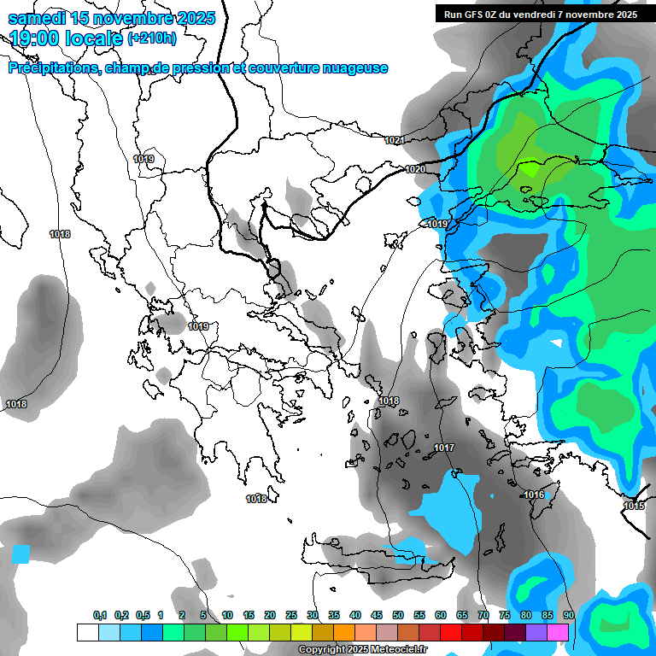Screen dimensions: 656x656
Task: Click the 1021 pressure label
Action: click(x=394, y=140)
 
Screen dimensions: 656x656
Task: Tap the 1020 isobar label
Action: click(x=415, y=170)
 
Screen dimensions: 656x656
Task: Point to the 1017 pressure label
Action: click(x=444, y=448)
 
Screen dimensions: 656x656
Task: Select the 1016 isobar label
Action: click(x=535, y=495)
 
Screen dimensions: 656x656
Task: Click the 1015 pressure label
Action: click(x=634, y=507)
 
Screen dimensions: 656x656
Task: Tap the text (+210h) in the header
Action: click(x=152, y=38)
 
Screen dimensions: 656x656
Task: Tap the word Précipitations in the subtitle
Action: click(x=52, y=68)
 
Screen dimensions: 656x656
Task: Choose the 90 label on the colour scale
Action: click(x=568, y=616)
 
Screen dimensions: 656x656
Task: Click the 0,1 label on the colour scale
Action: click(x=100, y=616)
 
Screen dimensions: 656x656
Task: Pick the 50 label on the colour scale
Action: click(x=398, y=616)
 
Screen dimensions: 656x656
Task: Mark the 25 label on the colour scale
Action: click(x=291, y=616)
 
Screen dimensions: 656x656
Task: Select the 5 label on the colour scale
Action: click(x=202, y=616)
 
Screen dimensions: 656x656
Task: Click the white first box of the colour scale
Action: click(x=87, y=632)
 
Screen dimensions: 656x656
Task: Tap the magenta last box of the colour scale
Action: click(x=559, y=632)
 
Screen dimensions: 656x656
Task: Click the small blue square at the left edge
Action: click(x=20, y=553)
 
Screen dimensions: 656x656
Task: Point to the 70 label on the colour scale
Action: click(x=483, y=616)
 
